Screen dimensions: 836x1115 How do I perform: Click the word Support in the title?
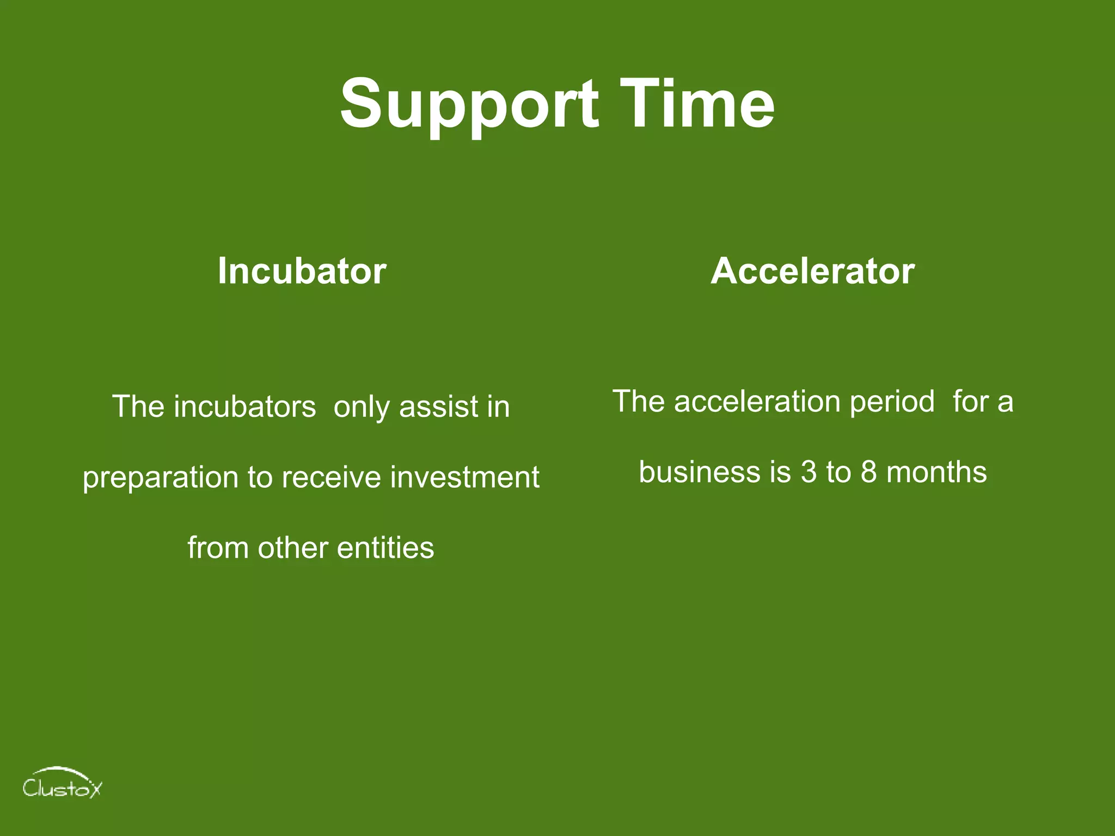(469, 104)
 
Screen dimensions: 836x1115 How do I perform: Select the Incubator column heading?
(302, 271)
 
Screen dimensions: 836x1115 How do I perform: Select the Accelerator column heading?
(812, 271)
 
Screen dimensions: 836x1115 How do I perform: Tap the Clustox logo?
(62, 784)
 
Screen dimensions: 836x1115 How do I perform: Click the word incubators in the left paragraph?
(244, 407)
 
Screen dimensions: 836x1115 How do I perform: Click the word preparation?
(161, 478)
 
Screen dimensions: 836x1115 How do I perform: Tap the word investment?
(465, 477)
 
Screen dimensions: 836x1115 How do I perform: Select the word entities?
(385, 548)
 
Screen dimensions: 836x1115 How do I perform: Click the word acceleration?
(758, 402)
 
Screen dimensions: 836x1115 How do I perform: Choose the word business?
(699, 472)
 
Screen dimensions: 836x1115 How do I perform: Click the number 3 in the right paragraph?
(808, 472)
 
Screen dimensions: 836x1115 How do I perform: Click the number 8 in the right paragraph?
(868, 472)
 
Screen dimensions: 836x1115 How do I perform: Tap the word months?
(936, 472)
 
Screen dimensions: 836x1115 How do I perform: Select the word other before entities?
(292, 548)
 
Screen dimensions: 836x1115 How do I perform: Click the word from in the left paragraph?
(218, 548)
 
